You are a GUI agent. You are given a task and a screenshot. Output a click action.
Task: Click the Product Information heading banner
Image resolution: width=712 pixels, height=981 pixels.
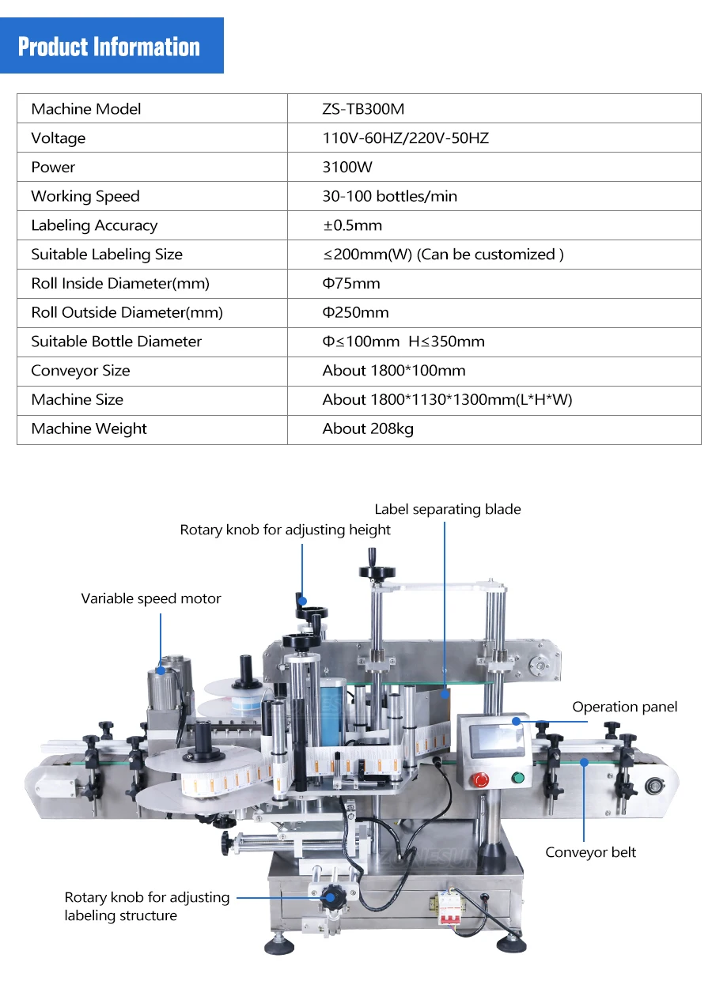109,47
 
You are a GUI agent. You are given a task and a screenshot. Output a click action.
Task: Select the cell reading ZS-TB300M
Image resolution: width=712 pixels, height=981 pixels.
363,109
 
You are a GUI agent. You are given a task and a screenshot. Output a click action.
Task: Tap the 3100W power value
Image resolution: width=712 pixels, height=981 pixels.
347,168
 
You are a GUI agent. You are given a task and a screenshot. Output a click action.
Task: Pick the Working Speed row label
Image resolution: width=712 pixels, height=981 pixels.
85,197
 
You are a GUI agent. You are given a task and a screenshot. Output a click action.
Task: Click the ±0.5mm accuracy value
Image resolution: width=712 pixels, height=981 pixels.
352,225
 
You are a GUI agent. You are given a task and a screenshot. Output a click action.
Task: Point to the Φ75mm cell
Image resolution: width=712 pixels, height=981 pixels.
351,284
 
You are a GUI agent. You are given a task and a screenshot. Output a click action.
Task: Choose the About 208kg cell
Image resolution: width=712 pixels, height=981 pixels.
368,429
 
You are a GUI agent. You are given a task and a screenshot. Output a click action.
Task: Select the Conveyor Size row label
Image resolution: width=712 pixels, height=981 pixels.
81,371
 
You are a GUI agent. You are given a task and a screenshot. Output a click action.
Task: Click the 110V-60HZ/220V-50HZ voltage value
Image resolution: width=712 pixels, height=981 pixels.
405,138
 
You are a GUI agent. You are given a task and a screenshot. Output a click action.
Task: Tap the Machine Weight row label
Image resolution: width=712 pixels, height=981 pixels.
89,429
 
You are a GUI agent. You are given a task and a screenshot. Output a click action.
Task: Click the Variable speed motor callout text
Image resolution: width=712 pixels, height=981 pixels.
151,598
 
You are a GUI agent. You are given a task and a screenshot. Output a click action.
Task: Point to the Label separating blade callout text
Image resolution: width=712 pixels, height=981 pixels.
448,509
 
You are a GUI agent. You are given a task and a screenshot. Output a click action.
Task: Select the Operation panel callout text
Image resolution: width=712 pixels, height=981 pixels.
625,707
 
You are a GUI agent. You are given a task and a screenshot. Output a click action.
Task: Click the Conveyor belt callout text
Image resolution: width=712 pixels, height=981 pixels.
590,852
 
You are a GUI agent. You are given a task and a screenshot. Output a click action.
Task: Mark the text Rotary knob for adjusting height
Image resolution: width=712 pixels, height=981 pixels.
286,530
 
